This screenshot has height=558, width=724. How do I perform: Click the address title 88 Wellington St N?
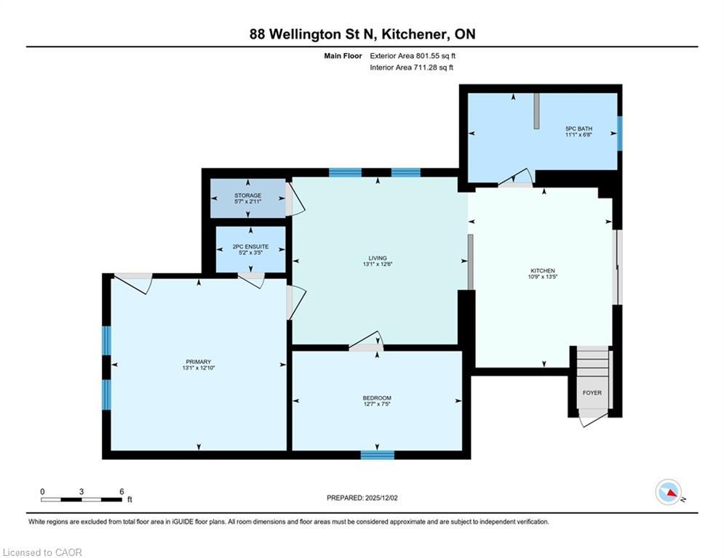tap(362, 34)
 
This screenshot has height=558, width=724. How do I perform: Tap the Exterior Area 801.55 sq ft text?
tap(413, 55)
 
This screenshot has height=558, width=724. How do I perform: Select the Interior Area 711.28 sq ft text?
tap(412, 68)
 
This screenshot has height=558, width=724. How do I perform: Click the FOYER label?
tap(592, 392)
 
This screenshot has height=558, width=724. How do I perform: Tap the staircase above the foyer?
tap(592, 363)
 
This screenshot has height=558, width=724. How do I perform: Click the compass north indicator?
tap(667, 492)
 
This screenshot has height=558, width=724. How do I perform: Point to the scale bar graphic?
tap(81, 499)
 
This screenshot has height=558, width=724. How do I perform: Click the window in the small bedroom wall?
tap(377, 455)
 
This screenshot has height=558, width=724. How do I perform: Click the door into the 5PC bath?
tap(518, 180)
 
